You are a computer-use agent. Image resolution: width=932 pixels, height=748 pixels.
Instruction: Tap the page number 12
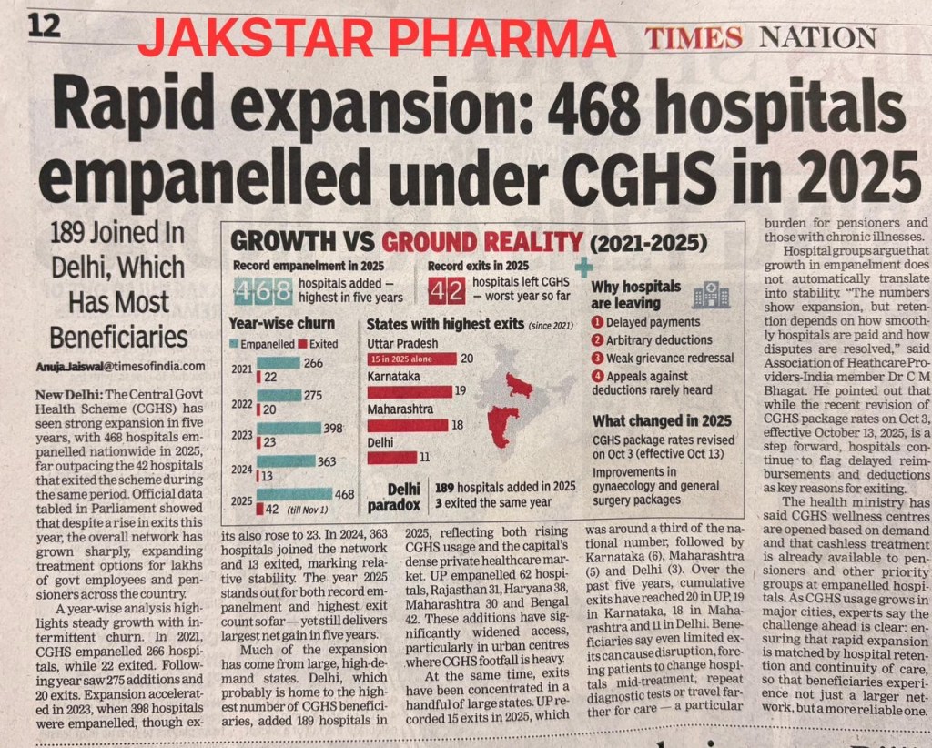[43, 25]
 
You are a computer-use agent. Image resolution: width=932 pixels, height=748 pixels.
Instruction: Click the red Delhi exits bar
[392, 457]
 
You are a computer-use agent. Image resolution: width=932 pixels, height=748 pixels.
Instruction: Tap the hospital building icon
[709, 294]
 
